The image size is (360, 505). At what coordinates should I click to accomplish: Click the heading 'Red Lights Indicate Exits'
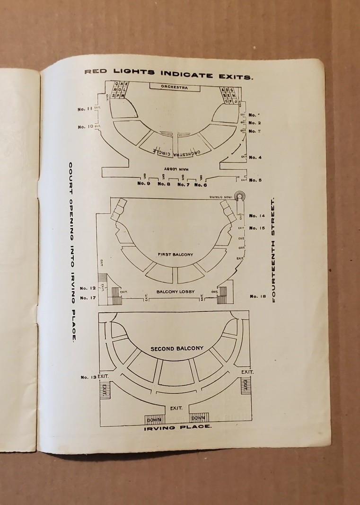168,74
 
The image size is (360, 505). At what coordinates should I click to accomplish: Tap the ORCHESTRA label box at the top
174,88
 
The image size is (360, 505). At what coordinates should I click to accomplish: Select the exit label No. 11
85,109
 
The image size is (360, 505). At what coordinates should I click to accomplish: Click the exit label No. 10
85,127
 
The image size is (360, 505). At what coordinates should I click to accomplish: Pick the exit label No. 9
144,184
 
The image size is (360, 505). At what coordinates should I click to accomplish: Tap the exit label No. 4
255,157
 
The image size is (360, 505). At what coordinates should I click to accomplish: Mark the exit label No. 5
255,180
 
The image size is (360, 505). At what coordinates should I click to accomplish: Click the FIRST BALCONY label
176,255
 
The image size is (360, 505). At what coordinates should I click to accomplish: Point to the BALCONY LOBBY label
176,292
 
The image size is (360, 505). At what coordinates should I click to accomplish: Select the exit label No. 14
257,216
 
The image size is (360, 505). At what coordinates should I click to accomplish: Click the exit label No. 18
258,297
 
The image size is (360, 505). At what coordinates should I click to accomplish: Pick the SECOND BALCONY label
177,349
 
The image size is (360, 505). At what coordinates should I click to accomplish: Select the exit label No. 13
88,377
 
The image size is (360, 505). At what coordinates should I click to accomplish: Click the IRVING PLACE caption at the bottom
177,427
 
